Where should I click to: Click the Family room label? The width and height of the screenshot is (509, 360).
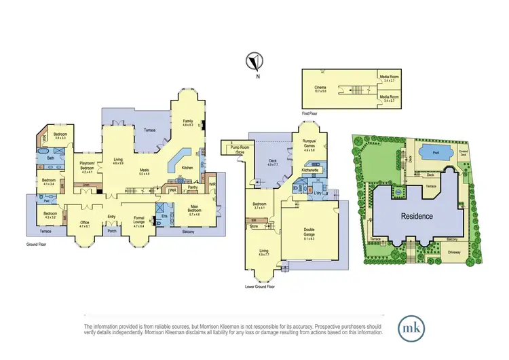pyautogui.click(x=188, y=122)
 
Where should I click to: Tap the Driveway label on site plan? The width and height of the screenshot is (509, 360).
pyautogui.click(x=453, y=252)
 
